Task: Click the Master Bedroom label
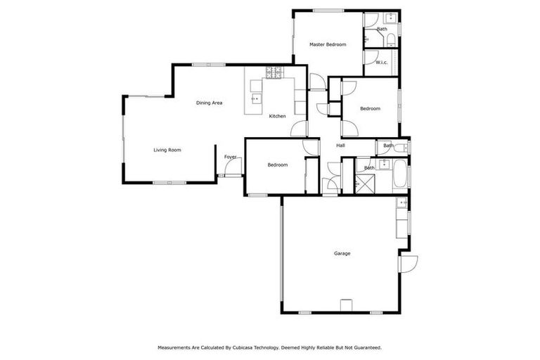tap(328, 44)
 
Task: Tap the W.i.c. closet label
tap(381, 63)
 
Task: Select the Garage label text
tap(342, 254)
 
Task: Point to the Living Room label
tap(167, 150)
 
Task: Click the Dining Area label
tap(209, 103)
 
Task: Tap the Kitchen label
tap(277, 116)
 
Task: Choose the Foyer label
tap(230, 157)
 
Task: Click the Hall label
tap(340, 146)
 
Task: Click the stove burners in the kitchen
tap(274, 70)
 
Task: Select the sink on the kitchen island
tap(255, 98)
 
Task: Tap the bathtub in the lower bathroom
tap(400, 175)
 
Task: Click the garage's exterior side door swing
tap(409, 263)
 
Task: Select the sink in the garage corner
tap(402, 204)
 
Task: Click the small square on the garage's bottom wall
tap(345, 304)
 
